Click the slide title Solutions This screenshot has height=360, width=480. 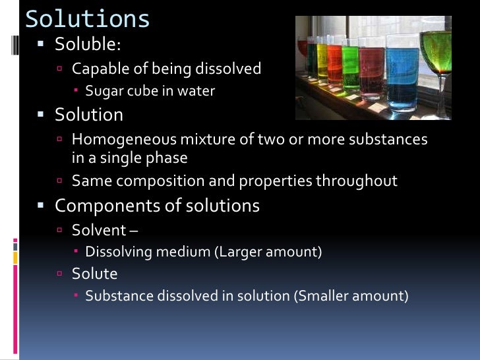[87, 18]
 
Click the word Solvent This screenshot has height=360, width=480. [98, 230]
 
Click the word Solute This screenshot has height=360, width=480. [94, 273]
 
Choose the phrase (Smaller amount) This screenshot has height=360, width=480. [350, 296]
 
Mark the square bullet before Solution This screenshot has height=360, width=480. [41, 115]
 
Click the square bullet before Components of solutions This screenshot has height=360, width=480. [41, 206]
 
